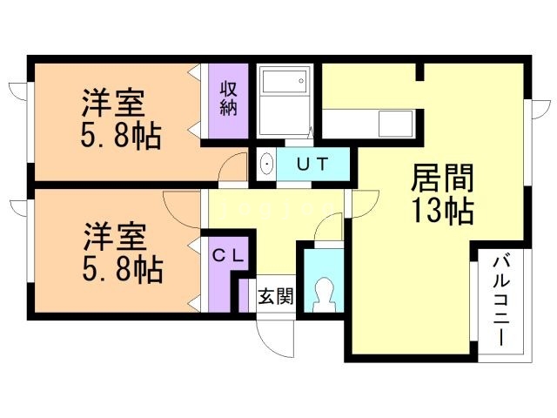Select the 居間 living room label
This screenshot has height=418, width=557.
pyautogui.click(x=441, y=180)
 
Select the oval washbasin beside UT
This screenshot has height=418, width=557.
pyautogui.click(x=267, y=163)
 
